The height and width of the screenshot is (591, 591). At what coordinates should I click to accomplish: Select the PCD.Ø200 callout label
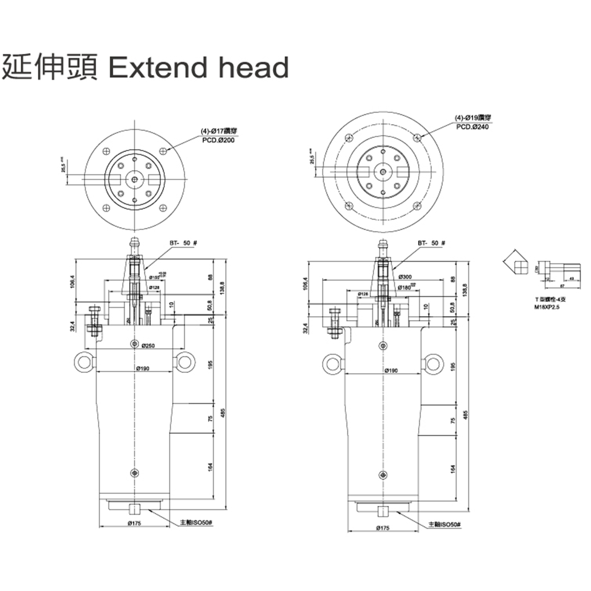(x=219, y=140)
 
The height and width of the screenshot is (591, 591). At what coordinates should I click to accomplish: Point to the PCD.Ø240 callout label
(x=472, y=127)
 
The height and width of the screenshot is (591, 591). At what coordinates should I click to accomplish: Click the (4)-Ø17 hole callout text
(x=219, y=131)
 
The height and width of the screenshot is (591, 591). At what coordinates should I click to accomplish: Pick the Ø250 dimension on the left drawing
(x=148, y=346)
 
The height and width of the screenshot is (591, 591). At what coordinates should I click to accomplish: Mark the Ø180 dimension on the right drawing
(x=405, y=287)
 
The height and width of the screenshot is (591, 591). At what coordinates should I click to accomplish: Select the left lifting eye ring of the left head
(x=83, y=363)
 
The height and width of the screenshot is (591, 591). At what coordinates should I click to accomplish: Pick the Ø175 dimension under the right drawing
(x=383, y=528)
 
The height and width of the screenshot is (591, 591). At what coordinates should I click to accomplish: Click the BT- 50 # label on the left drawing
(x=183, y=243)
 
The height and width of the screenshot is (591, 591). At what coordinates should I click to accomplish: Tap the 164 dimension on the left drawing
(x=210, y=466)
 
